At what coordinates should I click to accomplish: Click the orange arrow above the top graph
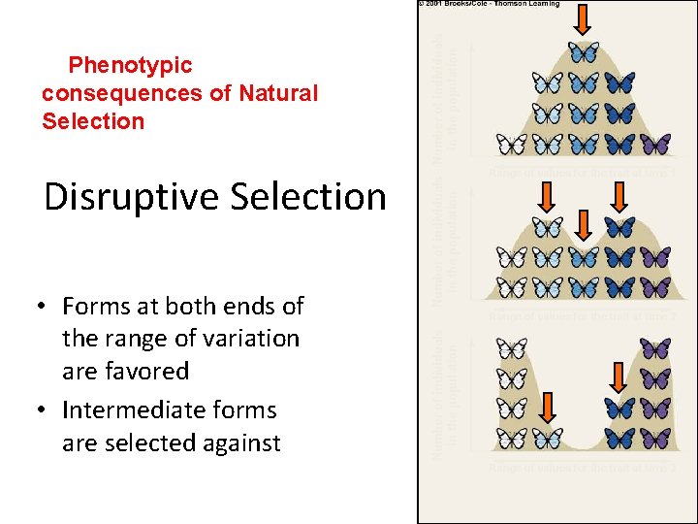(584, 18)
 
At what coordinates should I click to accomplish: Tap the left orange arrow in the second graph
(548, 197)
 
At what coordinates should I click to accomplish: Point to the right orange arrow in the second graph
(619, 197)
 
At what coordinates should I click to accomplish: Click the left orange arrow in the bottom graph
(548, 408)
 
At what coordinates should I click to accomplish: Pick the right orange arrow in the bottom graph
(619, 379)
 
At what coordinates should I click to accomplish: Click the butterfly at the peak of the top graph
(584, 51)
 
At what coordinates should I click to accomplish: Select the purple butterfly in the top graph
(655, 145)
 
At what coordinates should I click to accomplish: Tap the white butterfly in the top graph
(512, 145)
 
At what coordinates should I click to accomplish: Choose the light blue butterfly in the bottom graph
(548, 439)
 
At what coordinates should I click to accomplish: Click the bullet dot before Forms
(44, 307)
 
